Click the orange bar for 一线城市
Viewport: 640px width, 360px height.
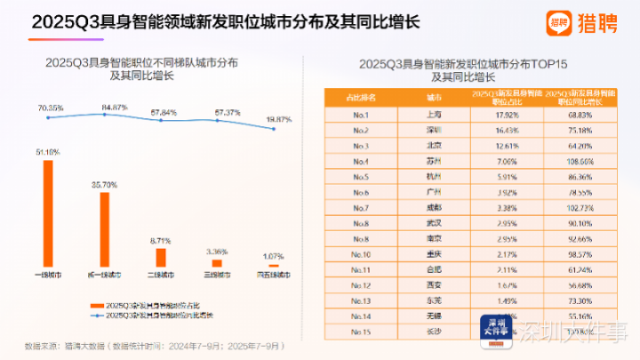48,213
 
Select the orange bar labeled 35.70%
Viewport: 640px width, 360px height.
104,229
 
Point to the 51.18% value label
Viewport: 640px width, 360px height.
48,153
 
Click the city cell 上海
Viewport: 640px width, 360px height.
435,115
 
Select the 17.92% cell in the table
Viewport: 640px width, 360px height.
506,115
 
